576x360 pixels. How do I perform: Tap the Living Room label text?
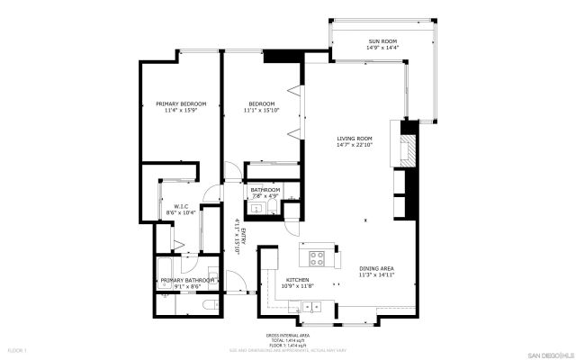pyautogui.click(x=354, y=137)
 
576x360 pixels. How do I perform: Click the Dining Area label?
pyautogui.click(x=377, y=268)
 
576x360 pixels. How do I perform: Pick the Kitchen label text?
pyautogui.click(x=298, y=280)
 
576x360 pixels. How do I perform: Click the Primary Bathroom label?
pyautogui.click(x=189, y=280)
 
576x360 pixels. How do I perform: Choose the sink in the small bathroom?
pyautogui.click(x=256, y=209)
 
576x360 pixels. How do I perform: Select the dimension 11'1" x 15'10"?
pyautogui.click(x=265, y=110)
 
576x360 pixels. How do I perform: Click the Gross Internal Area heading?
pyautogui.click(x=288, y=332)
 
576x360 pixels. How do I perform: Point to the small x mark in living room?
pyautogui.click(x=364, y=220)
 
